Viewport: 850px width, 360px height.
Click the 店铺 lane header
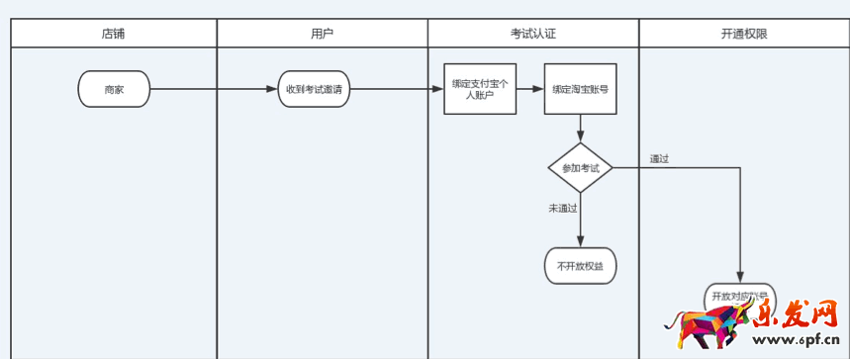tap(114, 34)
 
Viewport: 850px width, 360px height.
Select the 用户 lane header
tap(322, 34)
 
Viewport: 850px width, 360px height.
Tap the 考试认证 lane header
tap(532, 34)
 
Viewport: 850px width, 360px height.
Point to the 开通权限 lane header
tap(743, 34)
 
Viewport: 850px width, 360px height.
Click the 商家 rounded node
tap(114, 89)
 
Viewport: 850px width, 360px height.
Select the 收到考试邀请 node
tap(314, 89)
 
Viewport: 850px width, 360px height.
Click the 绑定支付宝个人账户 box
tap(480, 89)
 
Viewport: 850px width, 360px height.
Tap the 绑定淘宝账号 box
tap(580, 89)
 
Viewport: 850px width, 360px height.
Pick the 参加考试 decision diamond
tap(581, 168)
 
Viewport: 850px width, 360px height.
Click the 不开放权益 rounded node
tap(580, 266)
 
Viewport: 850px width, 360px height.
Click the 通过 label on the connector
tap(660, 158)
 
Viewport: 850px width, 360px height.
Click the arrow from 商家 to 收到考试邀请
tap(213, 89)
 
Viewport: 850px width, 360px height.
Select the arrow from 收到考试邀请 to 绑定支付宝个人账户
tap(396, 89)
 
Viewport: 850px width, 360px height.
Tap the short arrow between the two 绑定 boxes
tap(530, 89)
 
